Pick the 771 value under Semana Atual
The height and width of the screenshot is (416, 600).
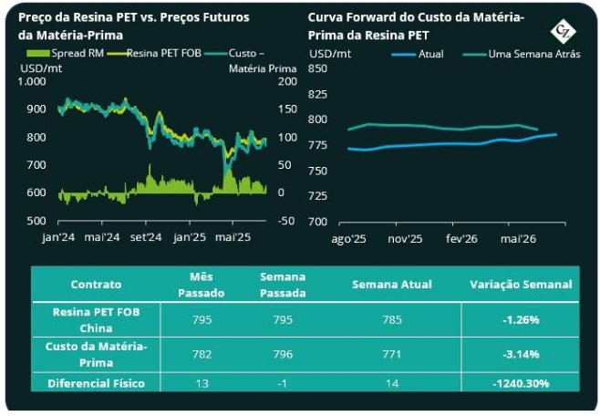(391, 353)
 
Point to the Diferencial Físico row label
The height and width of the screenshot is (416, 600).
(96, 384)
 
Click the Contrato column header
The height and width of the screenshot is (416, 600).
(96, 285)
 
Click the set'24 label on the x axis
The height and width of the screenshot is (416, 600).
(145, 237)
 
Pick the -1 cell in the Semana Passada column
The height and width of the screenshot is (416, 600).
(282, 384)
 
